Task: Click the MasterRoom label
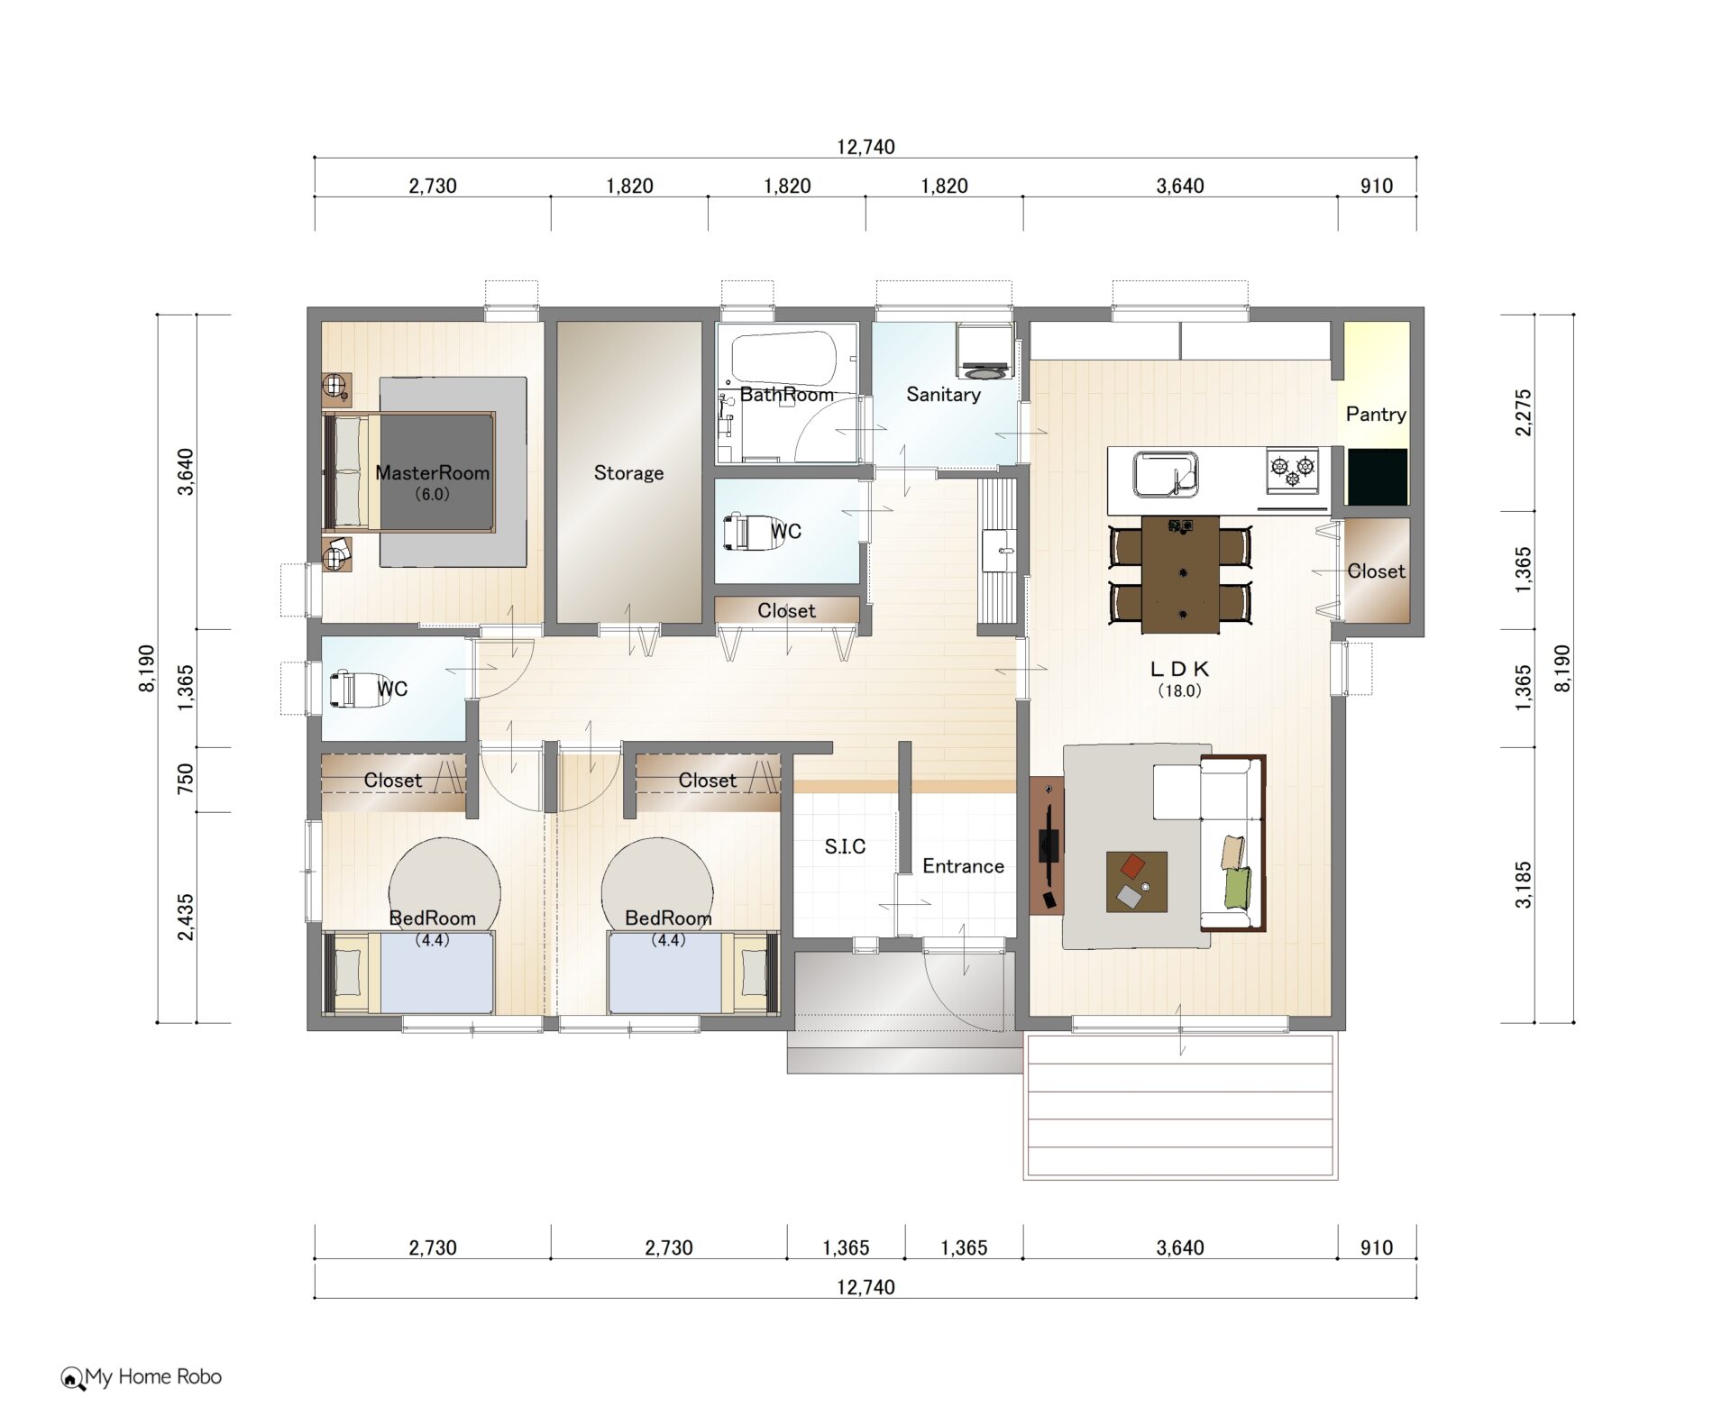[x=432, y=472]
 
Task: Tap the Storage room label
[x=628, y=472]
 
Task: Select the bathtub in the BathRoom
[x=783, y=358]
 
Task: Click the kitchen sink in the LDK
[x=1165, y=474]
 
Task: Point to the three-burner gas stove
[x=1292, y=470]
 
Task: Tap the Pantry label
[x=1376, y=414]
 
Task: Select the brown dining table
[x=1180, y=573]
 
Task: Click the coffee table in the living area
[x=1137, y=882]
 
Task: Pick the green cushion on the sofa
[x=1238, y=887]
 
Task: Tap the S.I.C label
[x=845, y=846]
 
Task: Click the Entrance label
[x=963, y=866]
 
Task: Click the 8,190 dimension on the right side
[x=1562, y=669]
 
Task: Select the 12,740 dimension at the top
[x=865, y=147]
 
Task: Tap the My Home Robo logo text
[x=153, y=1376]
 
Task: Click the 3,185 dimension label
[x=1523, y=884]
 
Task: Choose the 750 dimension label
[x=185, y=779]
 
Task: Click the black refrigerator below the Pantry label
[x=1377, y=477]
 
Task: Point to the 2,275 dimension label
[x=1523, y=412]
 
